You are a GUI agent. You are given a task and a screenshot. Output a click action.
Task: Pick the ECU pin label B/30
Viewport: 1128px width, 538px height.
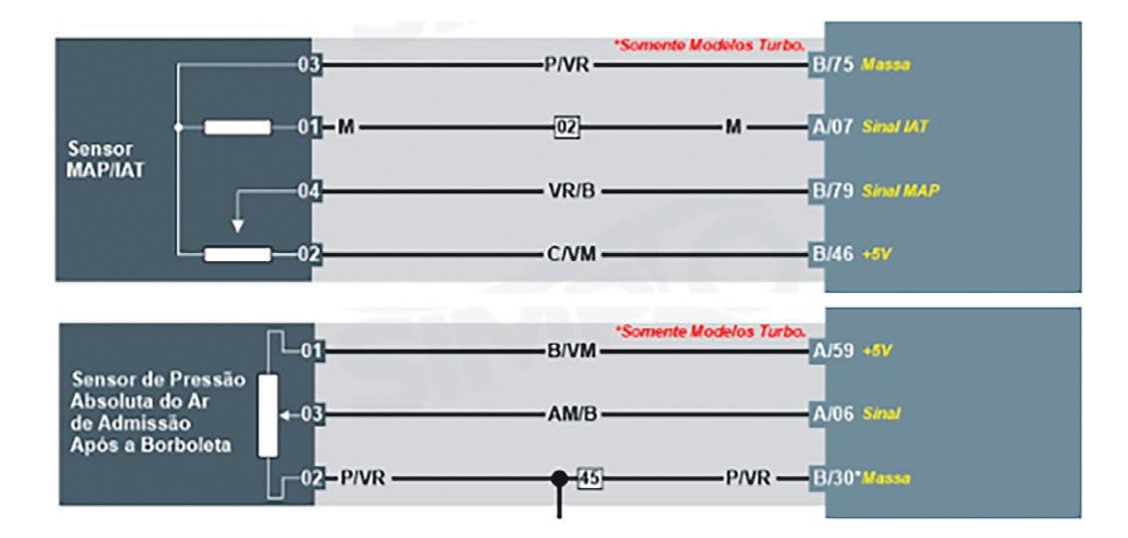point(835,478)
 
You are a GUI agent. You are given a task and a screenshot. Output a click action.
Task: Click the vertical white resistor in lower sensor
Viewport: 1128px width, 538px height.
point(266,415)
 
